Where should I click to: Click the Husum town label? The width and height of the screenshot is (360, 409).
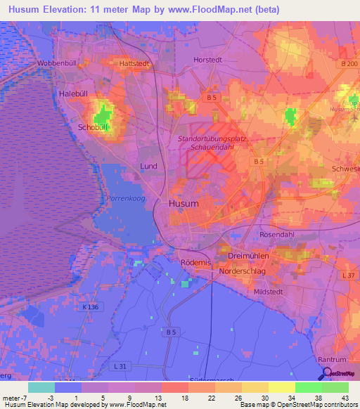point(184,203)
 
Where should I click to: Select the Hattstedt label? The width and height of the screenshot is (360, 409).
point(135,63)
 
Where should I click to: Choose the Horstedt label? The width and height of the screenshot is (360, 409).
point(207,60)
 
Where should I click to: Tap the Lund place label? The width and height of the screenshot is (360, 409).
point(148,166)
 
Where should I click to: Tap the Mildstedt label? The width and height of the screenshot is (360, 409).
point(271,290)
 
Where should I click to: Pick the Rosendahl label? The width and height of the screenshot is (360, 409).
point(279,235)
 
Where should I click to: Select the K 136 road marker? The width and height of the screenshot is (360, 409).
point(90,307)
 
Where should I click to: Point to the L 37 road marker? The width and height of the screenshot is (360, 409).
point(347,275)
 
